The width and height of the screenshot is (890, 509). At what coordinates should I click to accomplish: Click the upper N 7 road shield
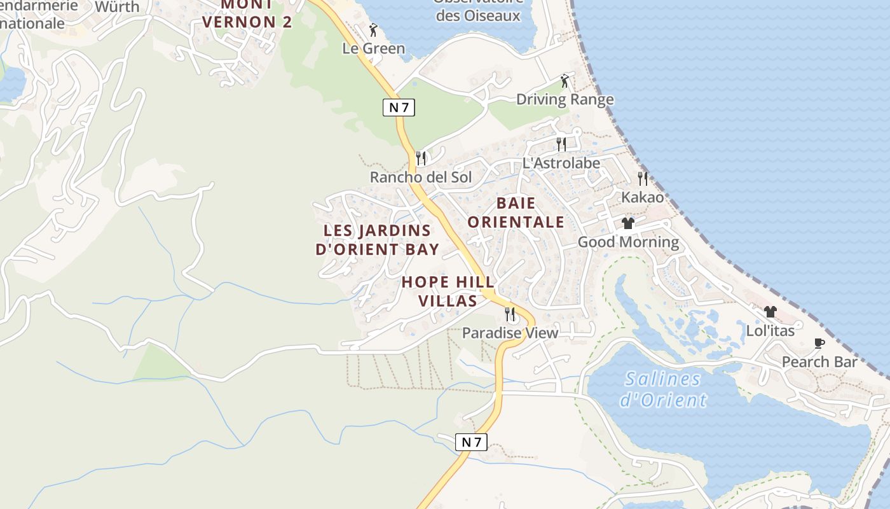[399, 108]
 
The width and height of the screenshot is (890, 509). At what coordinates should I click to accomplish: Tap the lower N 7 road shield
[471, 442]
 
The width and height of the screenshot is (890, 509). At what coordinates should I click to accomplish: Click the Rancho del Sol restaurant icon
[421, 158]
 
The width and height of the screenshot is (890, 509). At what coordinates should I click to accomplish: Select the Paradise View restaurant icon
[510, 314]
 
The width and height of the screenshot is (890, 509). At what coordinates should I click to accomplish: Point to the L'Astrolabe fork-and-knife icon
[561, 144]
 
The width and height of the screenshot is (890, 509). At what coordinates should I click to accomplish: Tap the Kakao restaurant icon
[643, 179]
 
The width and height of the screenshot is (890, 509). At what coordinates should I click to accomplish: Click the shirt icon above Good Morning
[628, 223]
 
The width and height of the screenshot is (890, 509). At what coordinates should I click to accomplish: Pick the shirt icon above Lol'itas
[770, 312]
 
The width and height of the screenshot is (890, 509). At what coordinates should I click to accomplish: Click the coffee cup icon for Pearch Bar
[819, 344]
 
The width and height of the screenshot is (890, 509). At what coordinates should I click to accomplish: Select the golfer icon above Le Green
[373, 30]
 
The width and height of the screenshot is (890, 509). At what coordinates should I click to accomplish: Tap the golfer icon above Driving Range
[565, 81]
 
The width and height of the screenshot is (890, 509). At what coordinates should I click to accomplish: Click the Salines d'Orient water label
[663, 389]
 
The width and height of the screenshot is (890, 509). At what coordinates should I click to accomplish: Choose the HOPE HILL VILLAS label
[448, 291]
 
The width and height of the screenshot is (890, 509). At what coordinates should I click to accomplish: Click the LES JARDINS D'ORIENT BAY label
[377, 239]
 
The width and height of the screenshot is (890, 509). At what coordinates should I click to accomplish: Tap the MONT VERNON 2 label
[247, 14]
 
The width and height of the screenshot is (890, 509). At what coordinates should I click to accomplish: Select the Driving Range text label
[565, 99]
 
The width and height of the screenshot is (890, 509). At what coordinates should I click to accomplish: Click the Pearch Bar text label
[819, 362]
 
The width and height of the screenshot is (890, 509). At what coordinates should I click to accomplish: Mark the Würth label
[117, 7]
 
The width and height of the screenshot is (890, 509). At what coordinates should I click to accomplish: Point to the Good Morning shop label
[628, 242]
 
